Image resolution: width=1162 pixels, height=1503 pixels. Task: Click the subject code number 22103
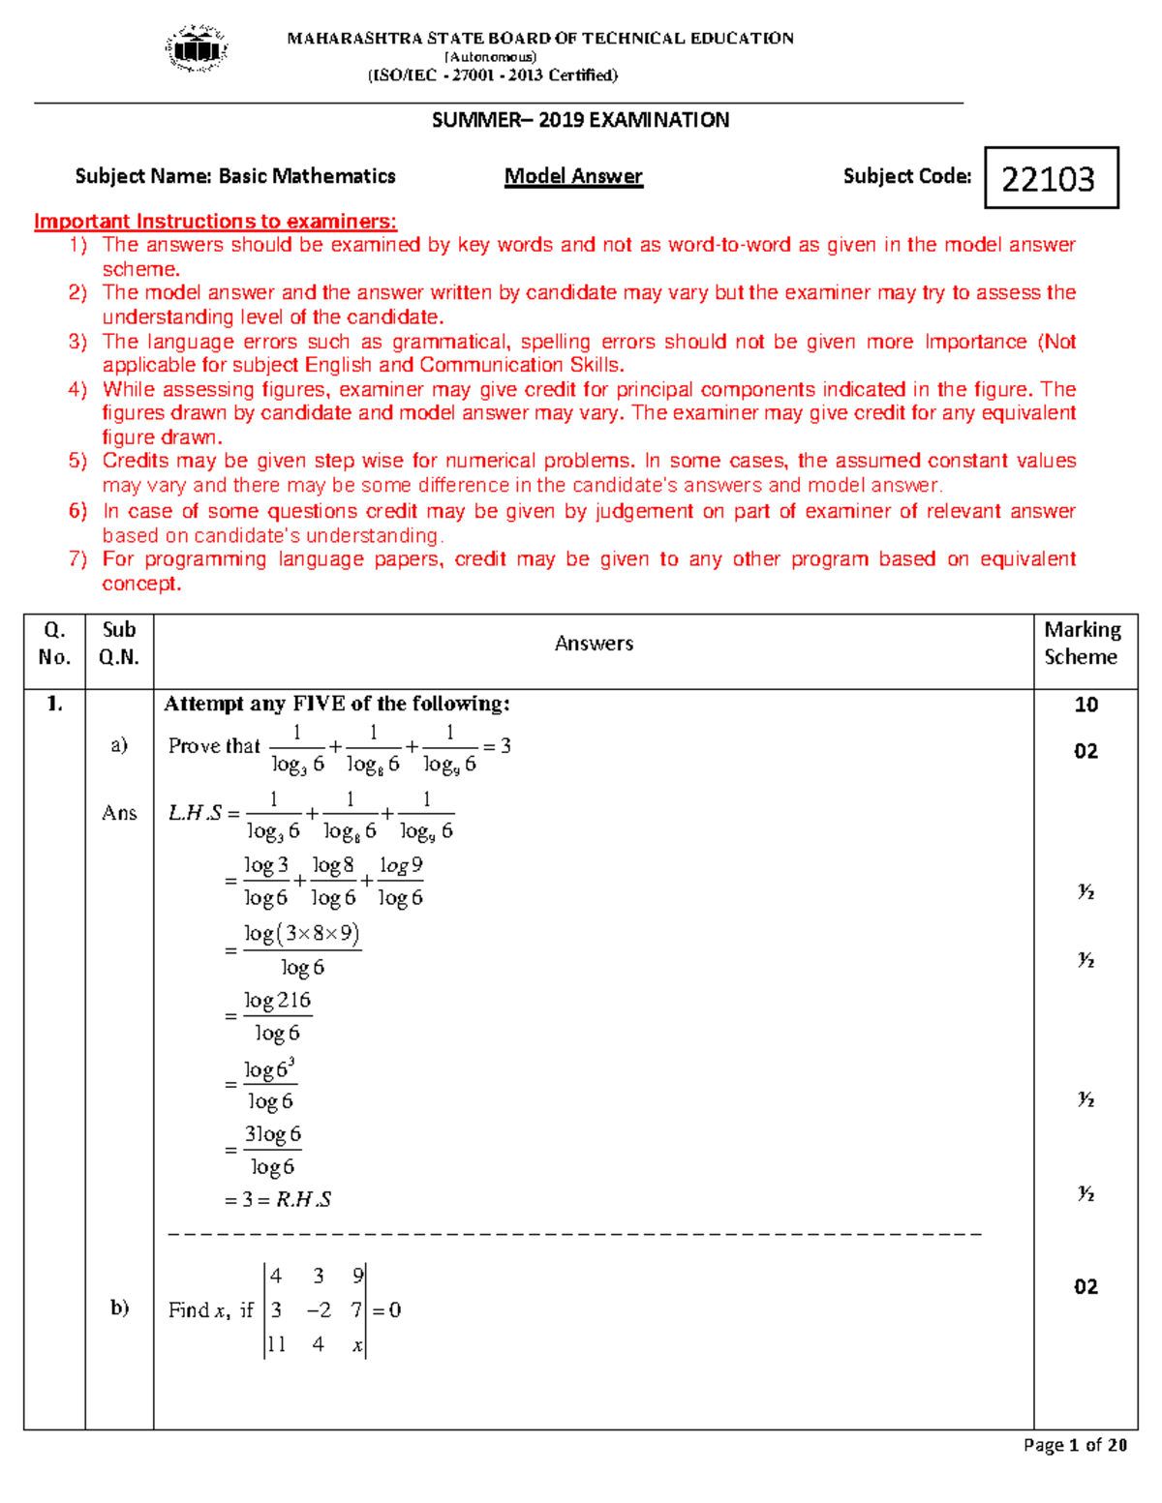(x=1049, y=179)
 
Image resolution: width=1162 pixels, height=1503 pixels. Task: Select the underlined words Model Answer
(x=573, y=176)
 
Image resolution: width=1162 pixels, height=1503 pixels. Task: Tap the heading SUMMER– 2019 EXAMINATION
(x=580, y=120)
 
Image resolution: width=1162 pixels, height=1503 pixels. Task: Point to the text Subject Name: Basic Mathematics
(x=235, y=176)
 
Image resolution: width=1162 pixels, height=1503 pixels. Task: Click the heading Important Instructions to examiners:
(x=215, y=222)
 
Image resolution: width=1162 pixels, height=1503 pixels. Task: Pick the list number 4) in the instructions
(x=78, y=390)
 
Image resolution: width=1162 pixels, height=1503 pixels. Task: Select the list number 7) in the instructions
(x=78, y=559)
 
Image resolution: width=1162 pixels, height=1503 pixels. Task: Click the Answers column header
(x=594, y=644)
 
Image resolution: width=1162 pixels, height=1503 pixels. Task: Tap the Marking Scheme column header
(x=1082, y=644)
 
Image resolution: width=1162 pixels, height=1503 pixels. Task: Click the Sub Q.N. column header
(x=119, y=644)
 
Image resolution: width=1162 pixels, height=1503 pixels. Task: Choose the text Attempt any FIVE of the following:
(x=337, y=704)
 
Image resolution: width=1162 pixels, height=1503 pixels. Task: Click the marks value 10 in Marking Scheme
(x=1086, y=705)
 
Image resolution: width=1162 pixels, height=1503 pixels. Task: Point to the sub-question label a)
(x=119, y=744)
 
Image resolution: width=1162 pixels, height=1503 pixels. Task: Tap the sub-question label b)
(x=119, y=1308)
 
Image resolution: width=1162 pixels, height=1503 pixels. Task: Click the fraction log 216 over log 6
(x=278, y=1016)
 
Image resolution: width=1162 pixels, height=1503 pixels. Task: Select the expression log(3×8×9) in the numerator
(x=302, y=934)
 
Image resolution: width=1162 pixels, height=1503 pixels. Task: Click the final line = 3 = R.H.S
(x=278, y=1200)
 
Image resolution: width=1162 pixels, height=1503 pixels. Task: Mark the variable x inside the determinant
(x=357, y=1344)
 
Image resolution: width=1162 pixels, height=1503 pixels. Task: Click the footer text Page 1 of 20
(x=1075, y=1445)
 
